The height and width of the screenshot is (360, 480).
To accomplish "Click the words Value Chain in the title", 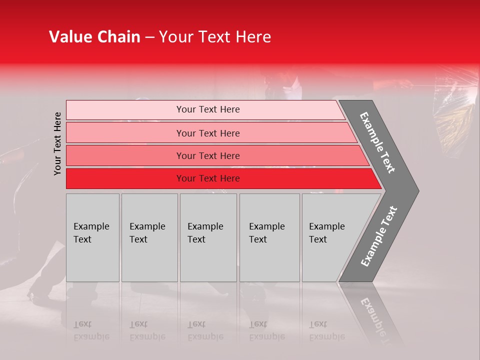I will click(x=94, y=37).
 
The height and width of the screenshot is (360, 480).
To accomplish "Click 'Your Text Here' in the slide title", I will click(x=215, y=37).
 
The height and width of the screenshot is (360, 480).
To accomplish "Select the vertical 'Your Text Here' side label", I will click(x=57, y=143).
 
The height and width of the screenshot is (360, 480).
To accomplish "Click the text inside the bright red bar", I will click(x=208, y=178).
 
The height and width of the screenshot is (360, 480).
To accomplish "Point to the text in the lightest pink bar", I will click(x=208, y=109).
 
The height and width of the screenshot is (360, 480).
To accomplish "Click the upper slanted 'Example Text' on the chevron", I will click(x=377, y=142).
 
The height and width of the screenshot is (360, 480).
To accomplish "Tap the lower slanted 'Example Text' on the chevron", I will click(x=378, y=236).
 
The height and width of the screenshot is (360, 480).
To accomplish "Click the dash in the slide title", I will click(x=149, y=37).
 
